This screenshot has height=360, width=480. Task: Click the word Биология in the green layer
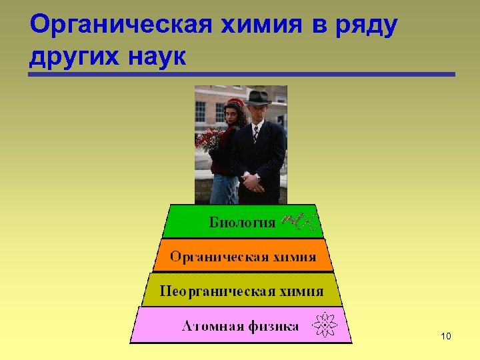click(x=242, y=222)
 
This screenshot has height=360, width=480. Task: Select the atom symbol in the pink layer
click(x=325, y=325)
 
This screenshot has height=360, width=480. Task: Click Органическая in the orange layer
click(x=218, y=257)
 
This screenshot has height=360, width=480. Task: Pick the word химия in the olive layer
click(x=299, y=291)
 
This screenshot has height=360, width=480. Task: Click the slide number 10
click(x=446, y=336)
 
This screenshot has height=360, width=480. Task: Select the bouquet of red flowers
click(x=210, y=139)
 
